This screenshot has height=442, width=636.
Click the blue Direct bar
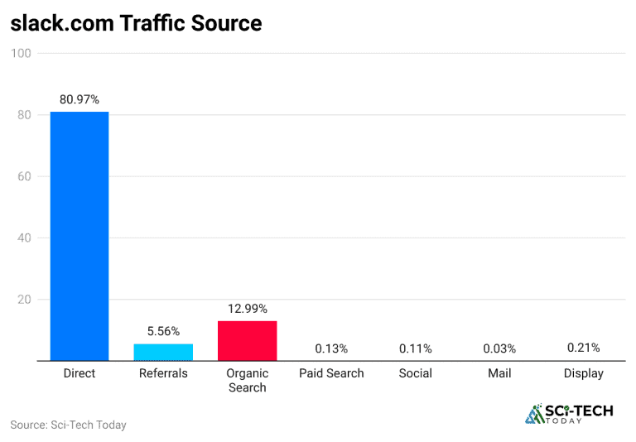click(79, 236)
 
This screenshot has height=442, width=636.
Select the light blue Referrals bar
click(163, 353)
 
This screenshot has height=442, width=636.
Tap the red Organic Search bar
click(247, 341)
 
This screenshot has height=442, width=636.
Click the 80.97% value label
click(79, 99)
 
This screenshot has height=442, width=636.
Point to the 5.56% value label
click(163, 331)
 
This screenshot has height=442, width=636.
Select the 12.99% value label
click(247, 309)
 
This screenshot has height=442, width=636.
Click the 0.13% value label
click(330, 348)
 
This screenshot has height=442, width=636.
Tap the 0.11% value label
click(415, 348)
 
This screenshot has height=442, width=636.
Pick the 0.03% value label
click(499, 348)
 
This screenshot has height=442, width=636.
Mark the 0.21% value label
click(583, 348)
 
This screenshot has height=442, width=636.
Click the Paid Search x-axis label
click(331, 373)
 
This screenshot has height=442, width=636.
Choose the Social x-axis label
click(415, 373)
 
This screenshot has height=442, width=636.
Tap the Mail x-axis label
click(499, 373)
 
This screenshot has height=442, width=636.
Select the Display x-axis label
click(583, 373)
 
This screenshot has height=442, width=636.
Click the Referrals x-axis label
click(163, 373)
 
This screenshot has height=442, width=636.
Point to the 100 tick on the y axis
click(21, 54)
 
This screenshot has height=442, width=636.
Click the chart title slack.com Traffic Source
click(136, 23)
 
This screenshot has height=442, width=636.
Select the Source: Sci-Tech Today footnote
click(68, 425)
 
